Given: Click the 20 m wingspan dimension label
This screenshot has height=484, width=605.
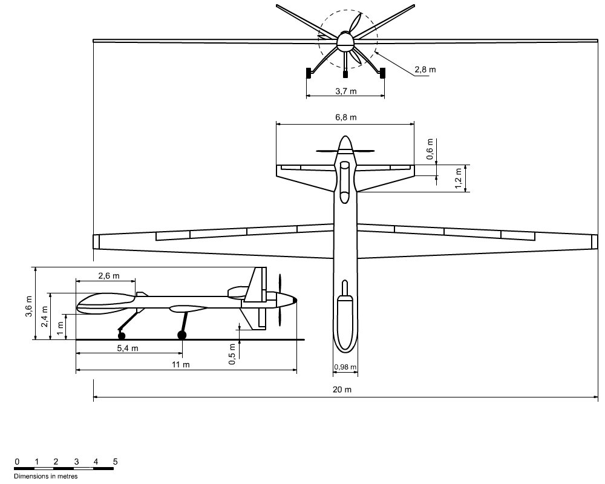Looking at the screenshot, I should [x=342, y=390].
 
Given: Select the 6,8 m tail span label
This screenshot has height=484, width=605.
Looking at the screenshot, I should [x=345, y=117].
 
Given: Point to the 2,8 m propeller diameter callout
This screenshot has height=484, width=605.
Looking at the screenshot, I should [x=425, y=70].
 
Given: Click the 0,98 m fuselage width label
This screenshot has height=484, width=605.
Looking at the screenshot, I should [x=345, y=367].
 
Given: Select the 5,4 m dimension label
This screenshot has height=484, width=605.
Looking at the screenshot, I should [x=128, y=348].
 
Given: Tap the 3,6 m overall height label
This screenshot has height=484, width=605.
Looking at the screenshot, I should [x=28, y=310].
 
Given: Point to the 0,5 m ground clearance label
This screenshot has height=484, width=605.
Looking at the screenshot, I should [x=232, y=354].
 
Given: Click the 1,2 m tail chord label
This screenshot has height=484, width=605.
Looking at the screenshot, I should [x=458, y=178].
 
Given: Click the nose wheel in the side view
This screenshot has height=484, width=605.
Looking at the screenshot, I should [x=122, y=335].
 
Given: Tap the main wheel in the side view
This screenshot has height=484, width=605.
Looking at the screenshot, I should [x=181, y=335].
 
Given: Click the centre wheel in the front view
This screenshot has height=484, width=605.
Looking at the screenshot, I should [x=345, y=75].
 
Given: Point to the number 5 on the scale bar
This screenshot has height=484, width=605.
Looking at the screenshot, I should [x=115, y=462].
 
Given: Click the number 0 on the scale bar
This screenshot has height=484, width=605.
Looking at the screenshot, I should [x=17, y=462].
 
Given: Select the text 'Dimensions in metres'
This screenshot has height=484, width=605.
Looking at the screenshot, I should [x=45, y=476].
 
